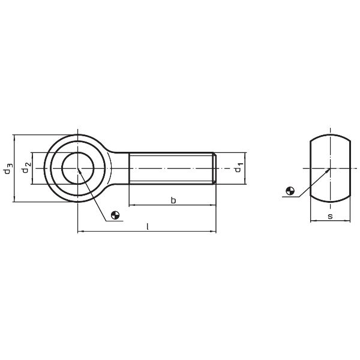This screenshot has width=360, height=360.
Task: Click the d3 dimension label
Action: (x=7, y=168)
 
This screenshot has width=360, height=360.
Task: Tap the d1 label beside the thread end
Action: (x=238, y=167)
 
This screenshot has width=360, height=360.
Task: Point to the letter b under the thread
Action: (x=173, y=200)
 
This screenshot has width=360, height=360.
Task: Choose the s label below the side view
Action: (x=330, y=216)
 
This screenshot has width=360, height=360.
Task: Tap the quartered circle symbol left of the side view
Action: (x=290, y=192)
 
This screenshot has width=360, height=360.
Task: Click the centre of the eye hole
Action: (x=79, y=168)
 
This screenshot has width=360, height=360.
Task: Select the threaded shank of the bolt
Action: (x=171, y=168)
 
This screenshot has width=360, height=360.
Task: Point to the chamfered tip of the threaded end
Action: (x=214, y=168)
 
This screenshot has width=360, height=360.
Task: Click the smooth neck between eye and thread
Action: (x=120, y=168)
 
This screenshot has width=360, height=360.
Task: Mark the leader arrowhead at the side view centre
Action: (x=329, y=170)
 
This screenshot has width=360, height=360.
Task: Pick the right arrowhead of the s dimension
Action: (x=348, y=221)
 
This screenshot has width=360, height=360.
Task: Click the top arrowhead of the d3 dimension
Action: (x=15, y=137)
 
